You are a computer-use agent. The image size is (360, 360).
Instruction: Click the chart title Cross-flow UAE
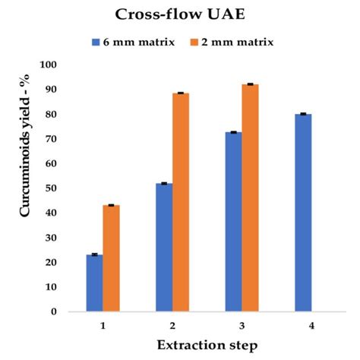pyautogui.click(x=180, y=14)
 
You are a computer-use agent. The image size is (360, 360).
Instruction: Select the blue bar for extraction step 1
pyautogui.click(x=94, y=283)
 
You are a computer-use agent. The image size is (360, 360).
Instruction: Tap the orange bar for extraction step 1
pyautogui.click(x=111, y=258)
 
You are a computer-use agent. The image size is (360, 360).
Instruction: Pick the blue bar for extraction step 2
pyautogui.click(x=163, y=247)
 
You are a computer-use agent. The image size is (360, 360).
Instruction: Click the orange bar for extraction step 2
pyautogui.click(x=181, y=202)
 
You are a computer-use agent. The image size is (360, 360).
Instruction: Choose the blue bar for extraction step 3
pyautogui.click(x=233, y=222)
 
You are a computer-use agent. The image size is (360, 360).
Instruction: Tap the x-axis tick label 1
pyautogui.click(x=103, y=324)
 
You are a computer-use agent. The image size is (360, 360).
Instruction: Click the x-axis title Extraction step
pyautogui.click(x=207, y=345)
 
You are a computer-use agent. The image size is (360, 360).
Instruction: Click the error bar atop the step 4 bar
pyautogui.click(x=302, y=114)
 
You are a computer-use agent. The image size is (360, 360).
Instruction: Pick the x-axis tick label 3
pyautogui.click(x=242, y=324)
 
